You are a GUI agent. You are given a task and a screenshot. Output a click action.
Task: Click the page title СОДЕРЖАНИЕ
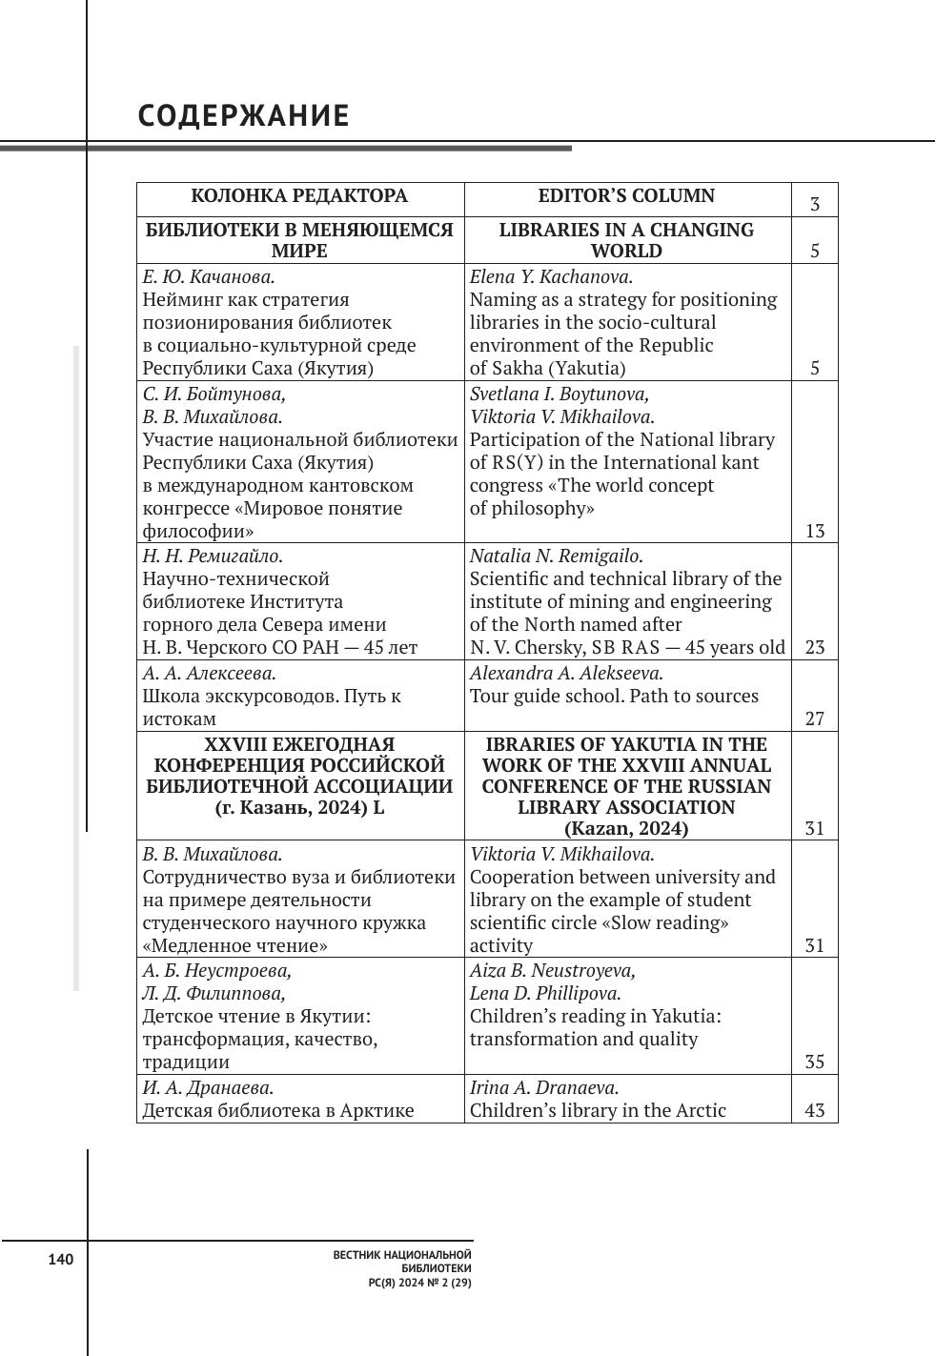pos(244,116)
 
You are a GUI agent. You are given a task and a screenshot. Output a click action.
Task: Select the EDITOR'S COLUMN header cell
pos(626,196)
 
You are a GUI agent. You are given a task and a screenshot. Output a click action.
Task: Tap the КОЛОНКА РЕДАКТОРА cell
pos(299,196)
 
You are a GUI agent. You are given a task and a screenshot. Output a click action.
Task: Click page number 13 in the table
pos(814,531)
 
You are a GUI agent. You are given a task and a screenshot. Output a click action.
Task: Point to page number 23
pos(814,647)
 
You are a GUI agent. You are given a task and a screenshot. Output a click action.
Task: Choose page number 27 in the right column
pos(814,718)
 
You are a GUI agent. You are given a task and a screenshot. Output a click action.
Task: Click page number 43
pos(814,1110)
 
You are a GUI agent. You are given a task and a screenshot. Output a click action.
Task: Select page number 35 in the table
pos(814,1062)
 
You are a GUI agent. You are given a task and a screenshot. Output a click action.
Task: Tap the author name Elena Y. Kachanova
pos(551,277)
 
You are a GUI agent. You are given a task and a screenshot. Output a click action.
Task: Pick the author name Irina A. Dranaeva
pos(544,1087)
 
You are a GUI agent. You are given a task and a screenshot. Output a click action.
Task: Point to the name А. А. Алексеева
pos(209,673)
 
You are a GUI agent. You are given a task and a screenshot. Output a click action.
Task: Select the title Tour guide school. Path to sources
pos(614,696)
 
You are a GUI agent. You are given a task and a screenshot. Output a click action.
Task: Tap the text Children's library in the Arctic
pos(598,1110)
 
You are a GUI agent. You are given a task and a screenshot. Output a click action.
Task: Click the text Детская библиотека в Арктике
pos(278,1110)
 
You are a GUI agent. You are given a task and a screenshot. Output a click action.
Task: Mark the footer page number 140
pos(60,1260)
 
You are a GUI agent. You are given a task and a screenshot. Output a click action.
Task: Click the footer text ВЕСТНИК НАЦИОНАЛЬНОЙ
pos(402,1256)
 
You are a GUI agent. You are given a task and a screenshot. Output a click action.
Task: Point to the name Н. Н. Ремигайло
pos(213,556)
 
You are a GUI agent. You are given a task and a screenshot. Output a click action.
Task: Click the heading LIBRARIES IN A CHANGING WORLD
pos(626,240)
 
